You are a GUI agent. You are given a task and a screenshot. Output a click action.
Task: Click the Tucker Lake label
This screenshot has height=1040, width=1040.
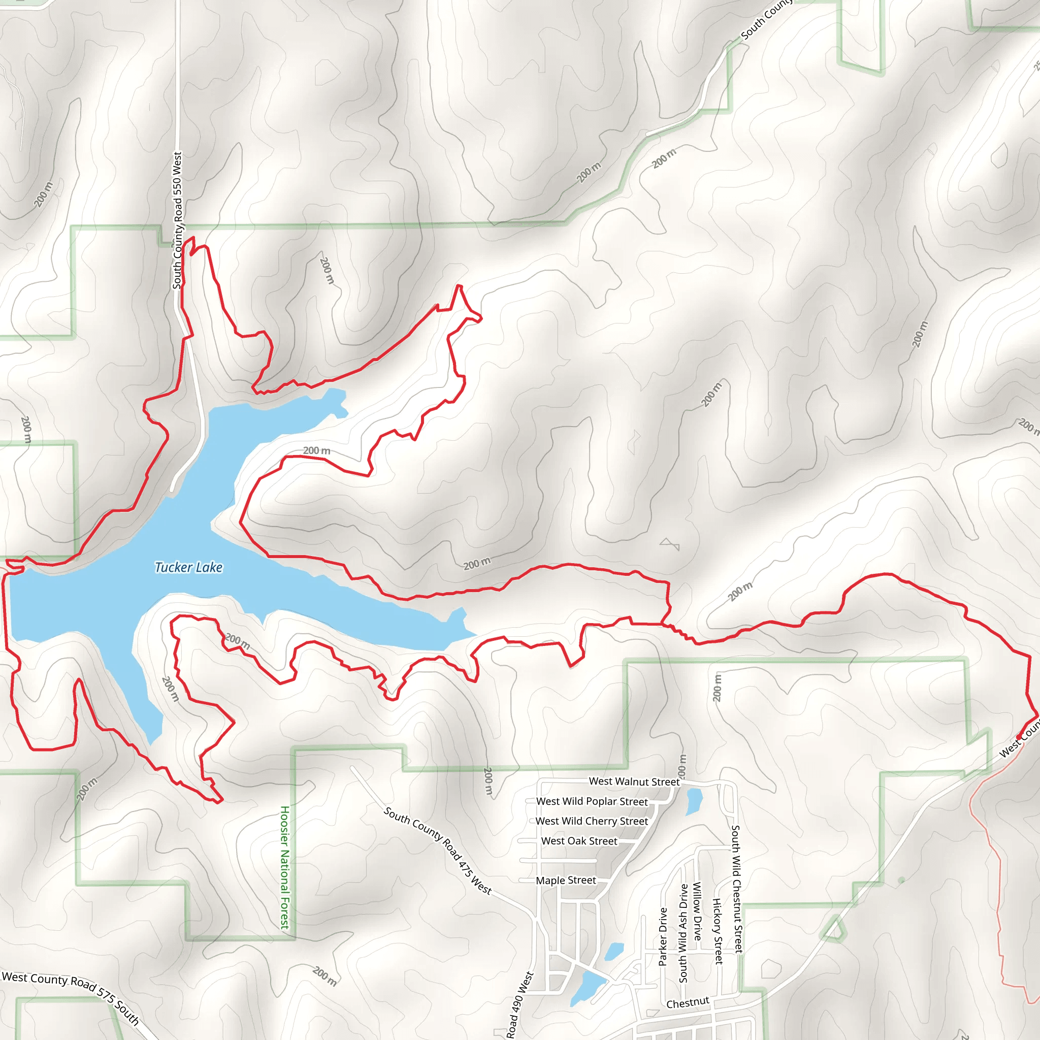[188, 567]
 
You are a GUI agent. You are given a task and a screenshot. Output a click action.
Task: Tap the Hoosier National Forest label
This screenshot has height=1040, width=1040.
[285, 867]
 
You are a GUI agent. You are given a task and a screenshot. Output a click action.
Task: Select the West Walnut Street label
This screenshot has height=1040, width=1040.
[634, 781]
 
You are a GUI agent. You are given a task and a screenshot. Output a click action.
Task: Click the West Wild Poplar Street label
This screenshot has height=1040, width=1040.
[592, 801]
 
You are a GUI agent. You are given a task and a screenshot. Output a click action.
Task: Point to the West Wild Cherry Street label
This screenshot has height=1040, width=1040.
[592, 821]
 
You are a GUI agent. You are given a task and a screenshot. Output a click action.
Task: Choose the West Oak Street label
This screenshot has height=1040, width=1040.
[579, 841]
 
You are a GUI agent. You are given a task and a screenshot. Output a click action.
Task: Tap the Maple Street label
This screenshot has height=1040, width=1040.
[566, 880]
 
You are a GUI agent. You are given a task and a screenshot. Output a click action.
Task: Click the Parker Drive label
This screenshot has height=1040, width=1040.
[663, 936]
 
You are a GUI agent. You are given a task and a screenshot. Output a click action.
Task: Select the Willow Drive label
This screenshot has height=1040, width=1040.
[697, 911]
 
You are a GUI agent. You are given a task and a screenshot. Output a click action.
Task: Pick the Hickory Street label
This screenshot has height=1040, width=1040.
[718, 931]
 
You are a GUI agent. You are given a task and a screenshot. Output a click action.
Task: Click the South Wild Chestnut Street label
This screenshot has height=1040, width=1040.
[736, 889]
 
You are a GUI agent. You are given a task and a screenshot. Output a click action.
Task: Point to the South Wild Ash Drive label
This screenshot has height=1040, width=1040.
[683, 933]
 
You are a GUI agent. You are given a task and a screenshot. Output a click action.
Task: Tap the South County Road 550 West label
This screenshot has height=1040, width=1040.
[177, 220]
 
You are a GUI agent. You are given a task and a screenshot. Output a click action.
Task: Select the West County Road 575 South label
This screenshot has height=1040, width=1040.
[71, 998]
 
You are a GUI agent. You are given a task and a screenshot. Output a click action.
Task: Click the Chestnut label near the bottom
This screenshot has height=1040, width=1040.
[688, 1003]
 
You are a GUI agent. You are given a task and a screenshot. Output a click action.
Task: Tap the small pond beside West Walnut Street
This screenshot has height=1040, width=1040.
[694, 801]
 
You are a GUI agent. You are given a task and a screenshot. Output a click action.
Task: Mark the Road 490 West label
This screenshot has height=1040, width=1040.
[519, 1004]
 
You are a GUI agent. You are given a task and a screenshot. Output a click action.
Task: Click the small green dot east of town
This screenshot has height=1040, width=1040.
[902, 880]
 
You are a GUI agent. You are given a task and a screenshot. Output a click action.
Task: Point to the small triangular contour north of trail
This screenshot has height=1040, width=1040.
[670, 544]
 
